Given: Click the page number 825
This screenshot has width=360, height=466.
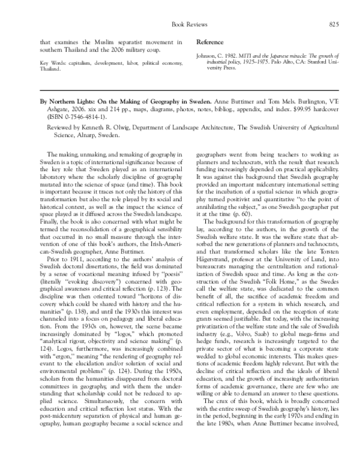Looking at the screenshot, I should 335,24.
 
